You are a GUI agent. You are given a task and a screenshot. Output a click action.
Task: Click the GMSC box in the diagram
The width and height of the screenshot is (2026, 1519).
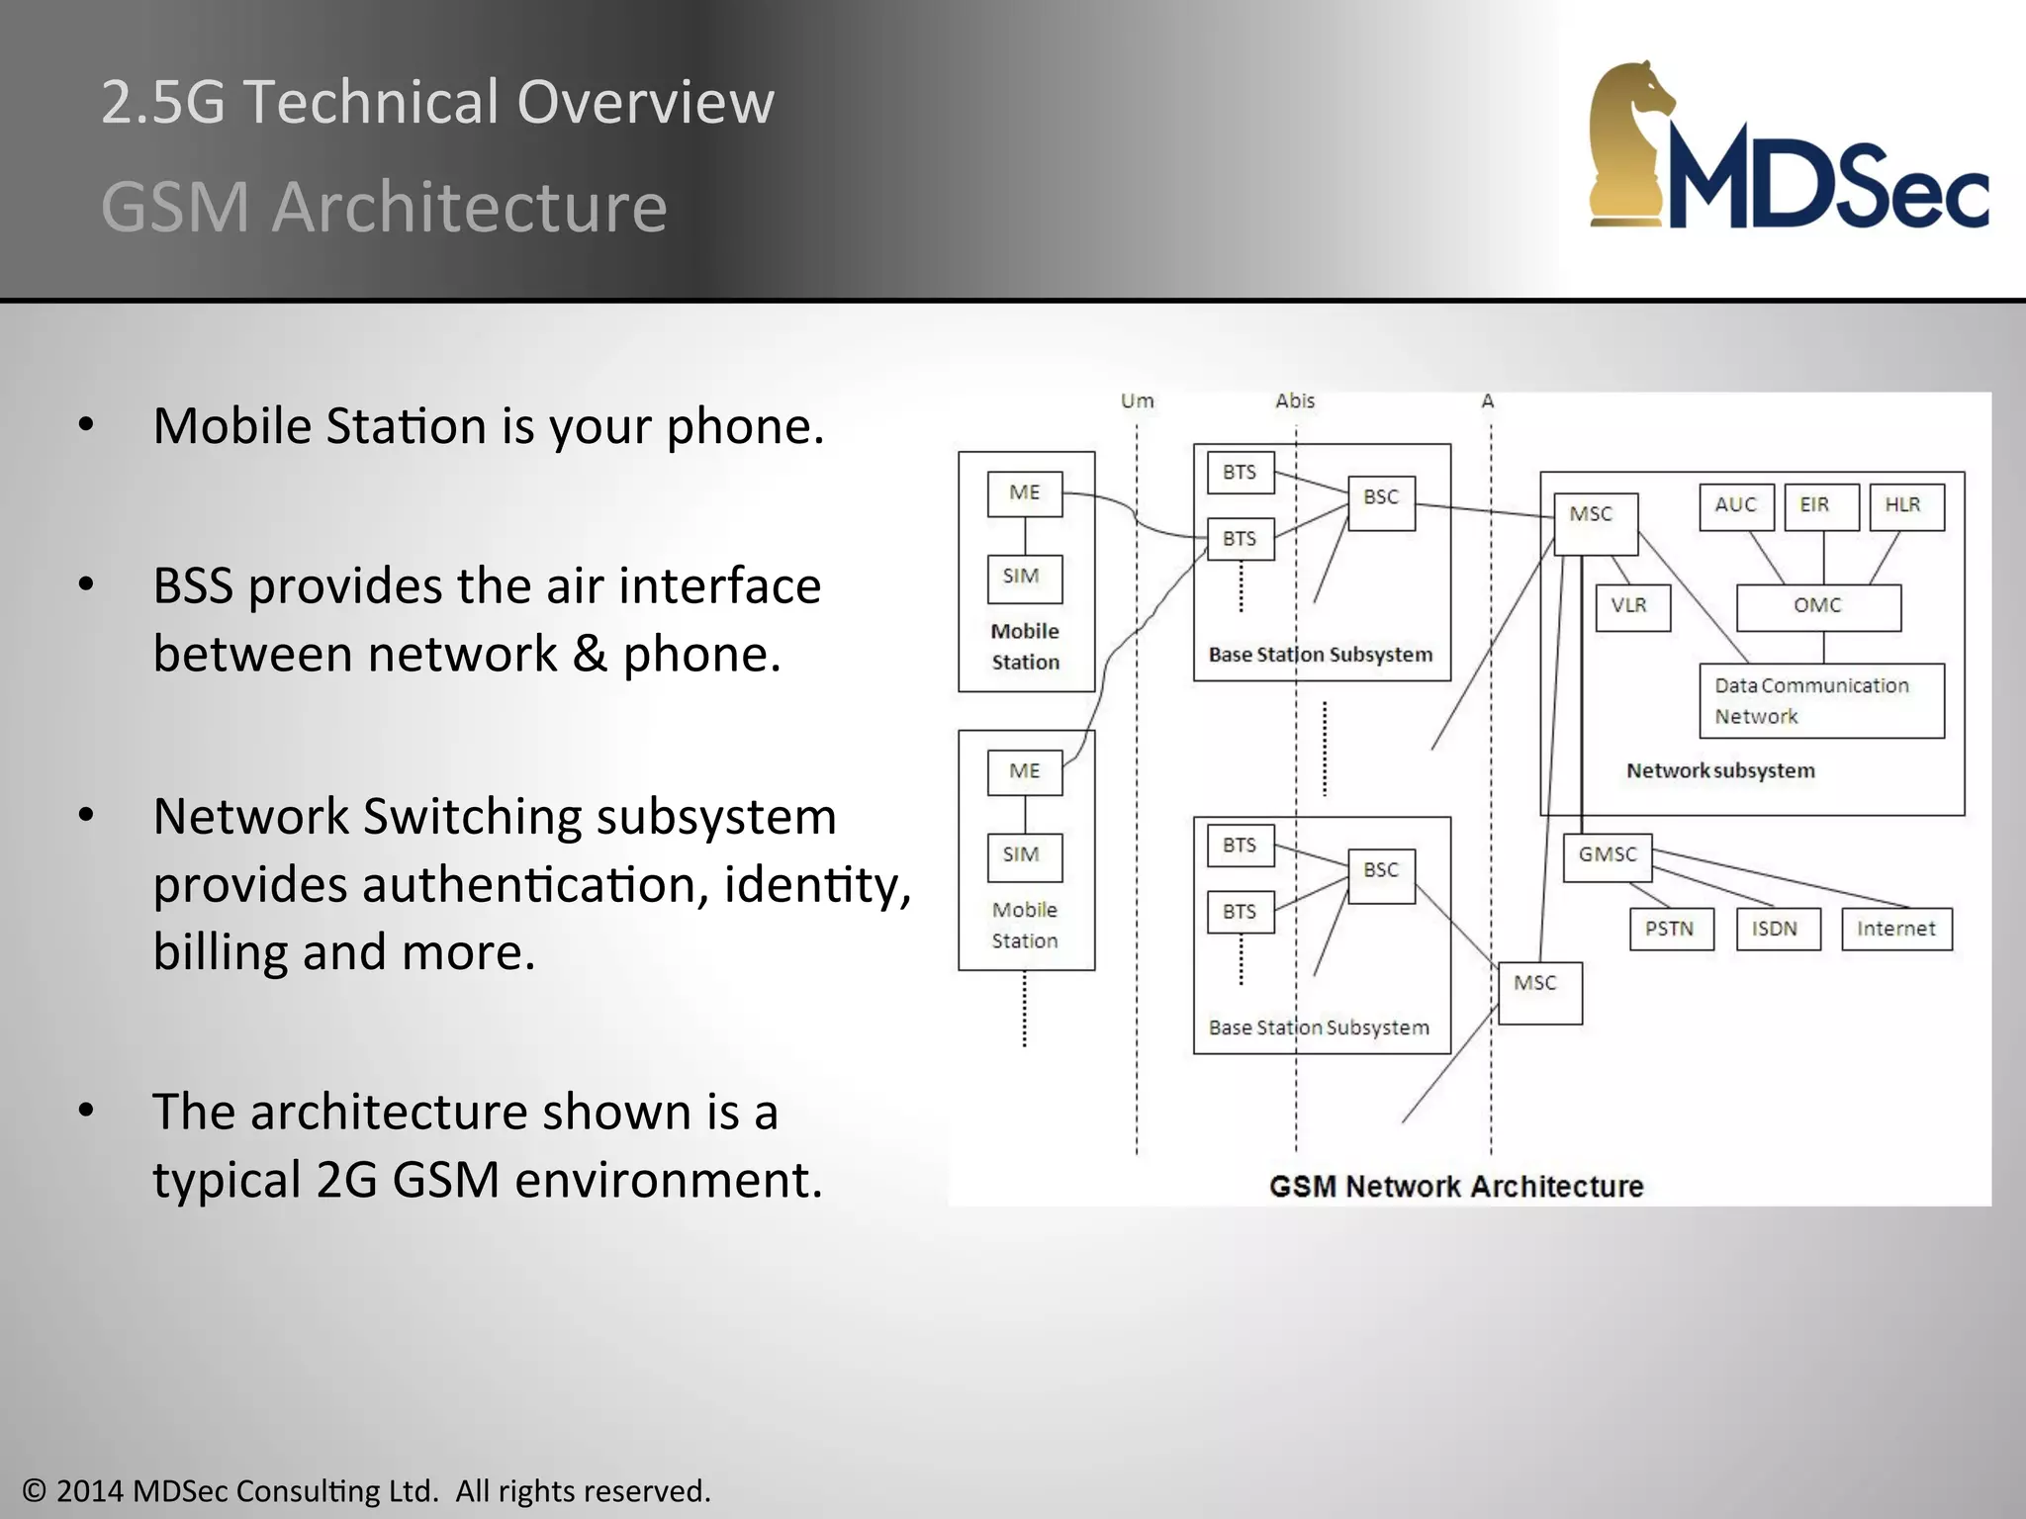[x=1608, y=856]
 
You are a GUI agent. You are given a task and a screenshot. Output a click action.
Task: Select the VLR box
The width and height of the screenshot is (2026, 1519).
[x=1632, y=607]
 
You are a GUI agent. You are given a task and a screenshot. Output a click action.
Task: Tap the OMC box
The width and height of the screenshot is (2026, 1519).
[x=1818, y=607]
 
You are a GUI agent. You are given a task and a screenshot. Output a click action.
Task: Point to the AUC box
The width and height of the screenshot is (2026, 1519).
[x=1736, y=506]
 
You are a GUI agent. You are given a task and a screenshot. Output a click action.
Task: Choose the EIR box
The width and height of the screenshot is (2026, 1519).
[x=1820, y=506]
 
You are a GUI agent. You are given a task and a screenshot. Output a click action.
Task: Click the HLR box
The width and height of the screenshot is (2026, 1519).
[x=1905, y=506]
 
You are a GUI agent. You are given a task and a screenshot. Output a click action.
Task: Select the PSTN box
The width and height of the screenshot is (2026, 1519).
[x=1671, y=930]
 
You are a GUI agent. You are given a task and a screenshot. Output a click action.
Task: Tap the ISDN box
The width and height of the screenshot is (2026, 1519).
[x=1778, y=930]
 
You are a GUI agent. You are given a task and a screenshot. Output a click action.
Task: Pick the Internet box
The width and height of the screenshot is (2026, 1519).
[x=1896, y=930]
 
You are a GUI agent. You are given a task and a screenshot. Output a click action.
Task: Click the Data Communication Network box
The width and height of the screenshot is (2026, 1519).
[x=1820, y=700]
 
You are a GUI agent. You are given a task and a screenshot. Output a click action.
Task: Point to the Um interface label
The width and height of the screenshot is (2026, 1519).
[x=1137, y=401]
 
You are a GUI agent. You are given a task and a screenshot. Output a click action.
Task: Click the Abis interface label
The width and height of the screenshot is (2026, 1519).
[x=1295, y=401]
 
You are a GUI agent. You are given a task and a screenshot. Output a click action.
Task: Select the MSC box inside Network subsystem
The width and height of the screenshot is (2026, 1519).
[x=1595, y=522]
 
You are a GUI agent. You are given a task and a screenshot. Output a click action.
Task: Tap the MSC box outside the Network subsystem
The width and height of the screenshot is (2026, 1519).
[x=1539, y=992]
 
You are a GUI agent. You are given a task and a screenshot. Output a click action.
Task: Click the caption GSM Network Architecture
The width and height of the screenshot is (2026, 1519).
[x=1455, y=1186]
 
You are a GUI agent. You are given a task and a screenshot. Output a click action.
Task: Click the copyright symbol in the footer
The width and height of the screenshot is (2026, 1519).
[x=35, y=1490]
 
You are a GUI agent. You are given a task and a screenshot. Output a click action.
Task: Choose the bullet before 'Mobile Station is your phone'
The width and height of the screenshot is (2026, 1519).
[x=86, y=426]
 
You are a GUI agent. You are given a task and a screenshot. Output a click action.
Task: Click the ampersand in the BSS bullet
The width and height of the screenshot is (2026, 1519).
[x=590, y=655]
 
